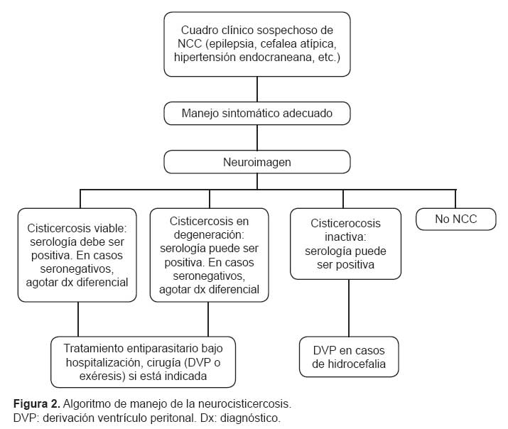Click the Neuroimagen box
coord(257,162)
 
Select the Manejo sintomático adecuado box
coord(257,114)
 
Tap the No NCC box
coord(456,219)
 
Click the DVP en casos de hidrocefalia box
coord(349,357)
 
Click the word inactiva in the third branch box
coord(345,237)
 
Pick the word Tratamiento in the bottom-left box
coord(94,348)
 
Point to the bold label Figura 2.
coord(37,404)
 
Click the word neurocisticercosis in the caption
coord(244,404)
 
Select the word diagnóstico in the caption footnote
coord(250,418)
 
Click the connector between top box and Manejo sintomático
coord(257,89)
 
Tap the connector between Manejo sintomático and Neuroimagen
coord(257,138)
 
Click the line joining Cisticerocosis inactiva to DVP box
coord(349,308)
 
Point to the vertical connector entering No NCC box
coord(455,199)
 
